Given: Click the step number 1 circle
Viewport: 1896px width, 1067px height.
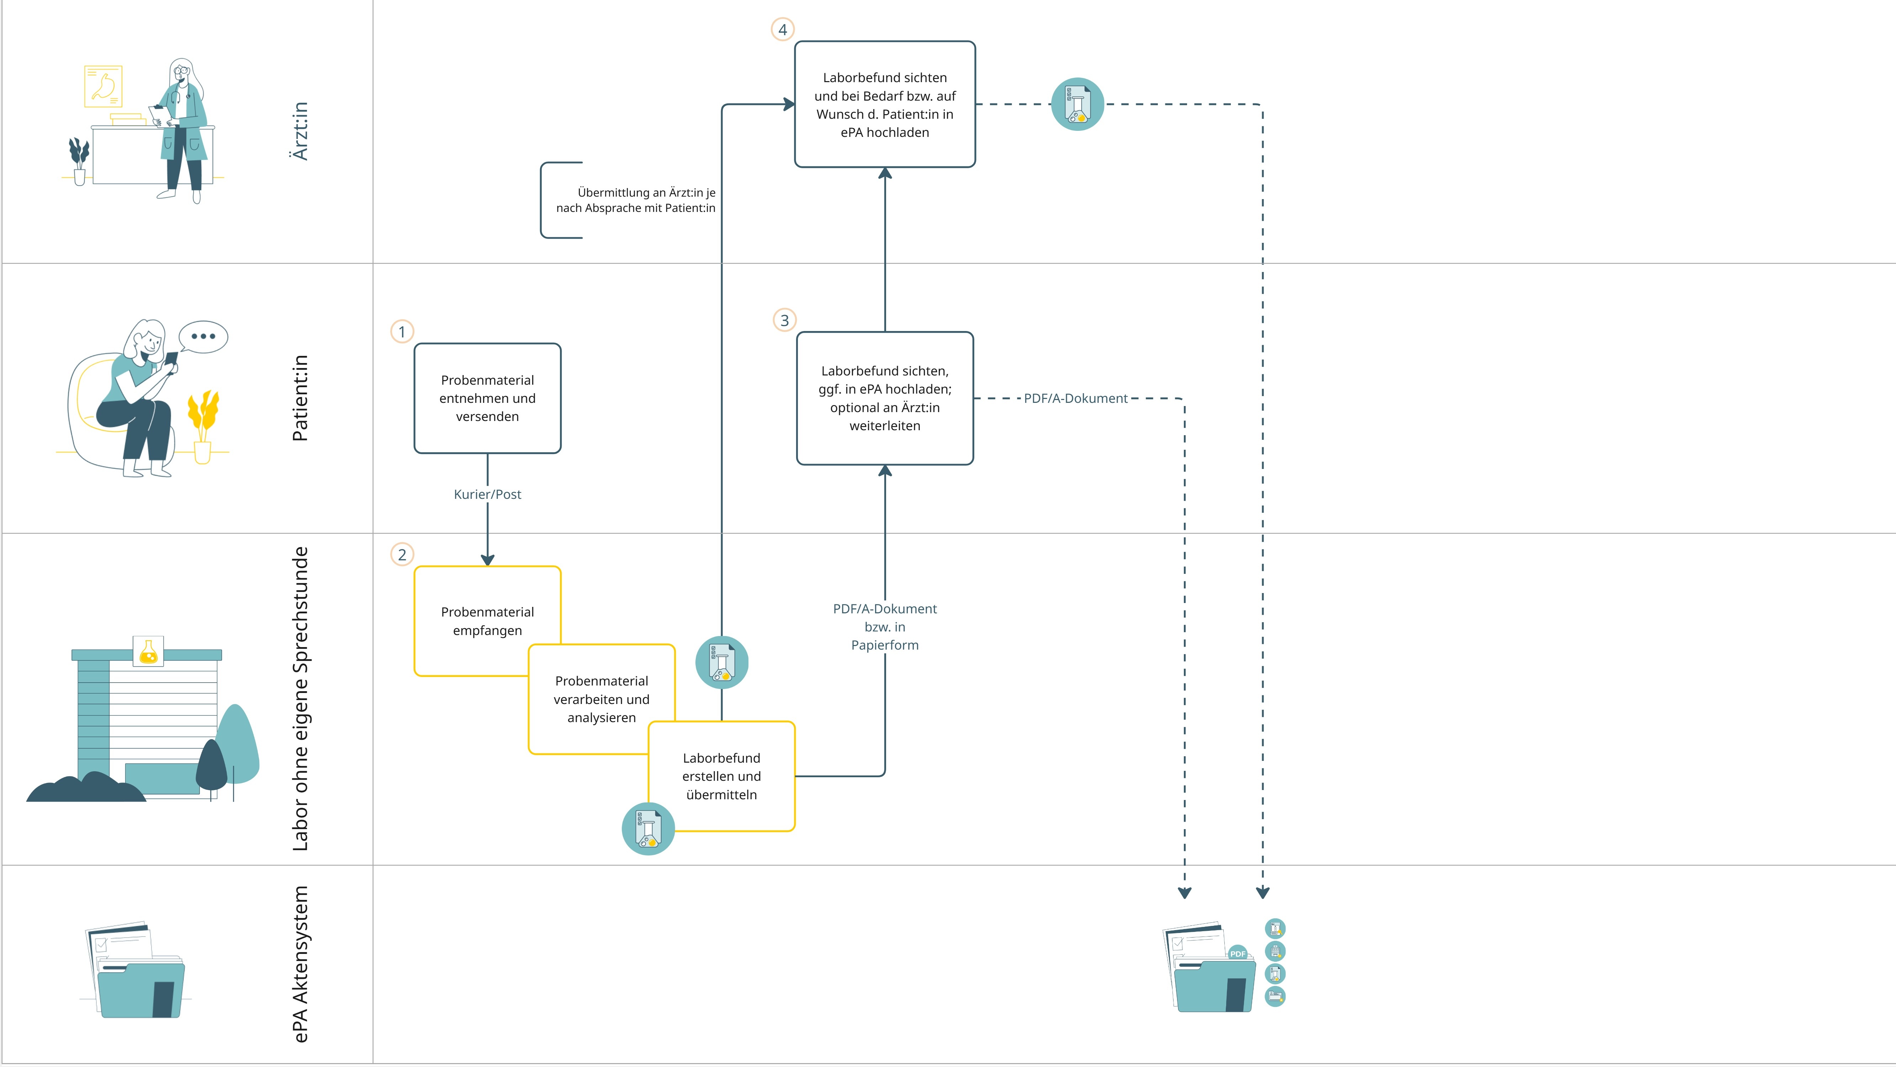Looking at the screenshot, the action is point(402,332).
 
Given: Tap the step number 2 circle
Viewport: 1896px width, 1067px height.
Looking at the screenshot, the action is point(402,555).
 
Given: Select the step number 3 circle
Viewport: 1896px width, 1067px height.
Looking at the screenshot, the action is point(785,320).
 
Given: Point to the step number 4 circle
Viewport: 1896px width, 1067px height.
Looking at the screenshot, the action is point(782,30).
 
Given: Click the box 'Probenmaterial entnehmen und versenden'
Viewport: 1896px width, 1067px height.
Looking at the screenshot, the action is point(487,398).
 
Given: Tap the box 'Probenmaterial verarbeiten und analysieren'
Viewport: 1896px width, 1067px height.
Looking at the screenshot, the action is point(601,699).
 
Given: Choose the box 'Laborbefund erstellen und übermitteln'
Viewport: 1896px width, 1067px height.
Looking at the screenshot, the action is point(721,776).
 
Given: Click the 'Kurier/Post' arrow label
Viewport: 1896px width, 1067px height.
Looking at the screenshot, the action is point(487,495).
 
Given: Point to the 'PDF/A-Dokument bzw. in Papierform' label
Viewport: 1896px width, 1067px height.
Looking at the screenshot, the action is point(885,627).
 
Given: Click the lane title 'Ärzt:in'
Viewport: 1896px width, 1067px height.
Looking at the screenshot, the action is point(300,131).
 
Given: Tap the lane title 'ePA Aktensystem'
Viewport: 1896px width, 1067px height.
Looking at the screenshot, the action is point(300,964).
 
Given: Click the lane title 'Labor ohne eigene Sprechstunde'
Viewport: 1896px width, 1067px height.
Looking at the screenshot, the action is point(300,699).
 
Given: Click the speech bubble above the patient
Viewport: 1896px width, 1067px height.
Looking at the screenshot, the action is point(203,337).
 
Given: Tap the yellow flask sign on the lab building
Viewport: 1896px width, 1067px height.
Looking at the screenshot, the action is point(148,651).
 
